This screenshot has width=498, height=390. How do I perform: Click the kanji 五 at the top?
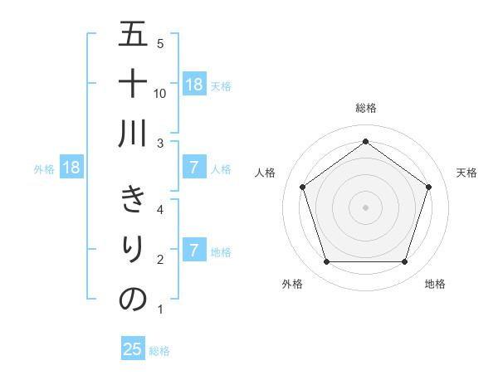[x=133, y=35]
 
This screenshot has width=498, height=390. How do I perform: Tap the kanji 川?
[x=133, y=133]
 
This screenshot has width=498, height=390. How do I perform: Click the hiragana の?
[x=133, y=299]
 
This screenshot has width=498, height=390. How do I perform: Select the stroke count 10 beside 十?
[x=160, y=93]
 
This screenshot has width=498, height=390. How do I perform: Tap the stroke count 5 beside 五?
[x=160, y=43]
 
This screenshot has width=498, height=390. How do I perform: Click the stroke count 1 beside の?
[x=160, y=310]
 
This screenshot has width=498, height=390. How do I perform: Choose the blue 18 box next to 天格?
[x=193, y=85]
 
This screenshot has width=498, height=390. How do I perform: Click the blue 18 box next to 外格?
[x=71, y=168]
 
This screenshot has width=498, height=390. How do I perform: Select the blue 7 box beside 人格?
[x=193, y=168]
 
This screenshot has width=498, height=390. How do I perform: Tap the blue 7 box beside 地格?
[x=193, y=251]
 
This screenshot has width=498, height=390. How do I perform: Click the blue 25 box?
[x=133, y=349]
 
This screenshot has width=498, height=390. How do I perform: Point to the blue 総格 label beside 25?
[x=159, y=351]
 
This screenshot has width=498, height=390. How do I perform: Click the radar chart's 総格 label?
[x=366, y=108]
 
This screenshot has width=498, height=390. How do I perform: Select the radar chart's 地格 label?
[x=435, y=285]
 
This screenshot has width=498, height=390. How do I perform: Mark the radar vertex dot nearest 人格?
[x=303, y=188]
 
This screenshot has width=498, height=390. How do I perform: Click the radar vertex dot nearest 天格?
[x=428, y=188]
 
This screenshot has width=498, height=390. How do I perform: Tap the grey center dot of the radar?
[x=366, y=207]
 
